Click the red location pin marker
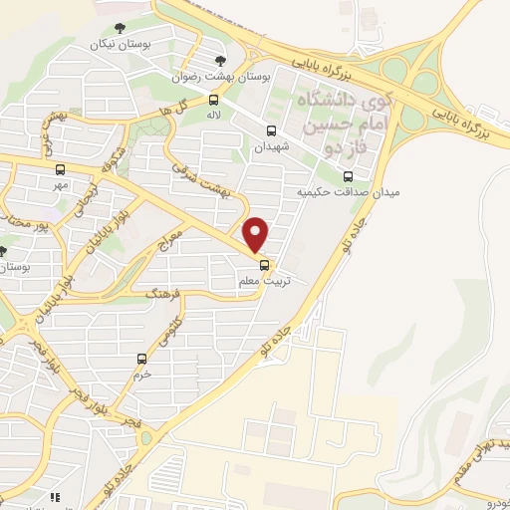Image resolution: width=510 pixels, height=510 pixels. tap(257, 233)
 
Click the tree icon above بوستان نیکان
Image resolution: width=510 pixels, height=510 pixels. tap(120, 27)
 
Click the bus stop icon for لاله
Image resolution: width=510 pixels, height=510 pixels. tap(214, 100)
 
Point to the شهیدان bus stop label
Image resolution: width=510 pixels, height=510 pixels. tap(272, 146)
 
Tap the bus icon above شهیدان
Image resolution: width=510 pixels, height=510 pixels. tap(272, 129)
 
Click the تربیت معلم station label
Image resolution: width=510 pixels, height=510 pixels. tap(264, 282)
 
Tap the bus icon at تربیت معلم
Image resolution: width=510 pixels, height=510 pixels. tap(264, 265)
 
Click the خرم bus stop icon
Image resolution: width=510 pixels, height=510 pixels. tap(142, 358)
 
